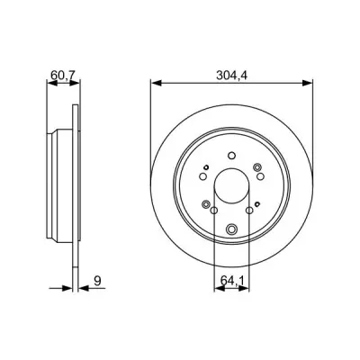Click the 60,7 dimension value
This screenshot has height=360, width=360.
coord(63,76)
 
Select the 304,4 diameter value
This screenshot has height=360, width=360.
coord(231,76)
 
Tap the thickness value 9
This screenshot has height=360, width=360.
coord(97,281)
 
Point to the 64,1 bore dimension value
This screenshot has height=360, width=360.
coord(233,281)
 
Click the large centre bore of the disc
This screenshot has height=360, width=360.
coord(231,185)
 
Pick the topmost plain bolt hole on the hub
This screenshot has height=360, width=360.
coord(231,156)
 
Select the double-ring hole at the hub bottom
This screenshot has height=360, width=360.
coord(231,229)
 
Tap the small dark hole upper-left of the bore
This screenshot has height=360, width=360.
coord(206,167)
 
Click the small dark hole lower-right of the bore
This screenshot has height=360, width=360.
coord(257,204)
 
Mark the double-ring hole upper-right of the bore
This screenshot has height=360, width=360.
coord(257,167)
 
